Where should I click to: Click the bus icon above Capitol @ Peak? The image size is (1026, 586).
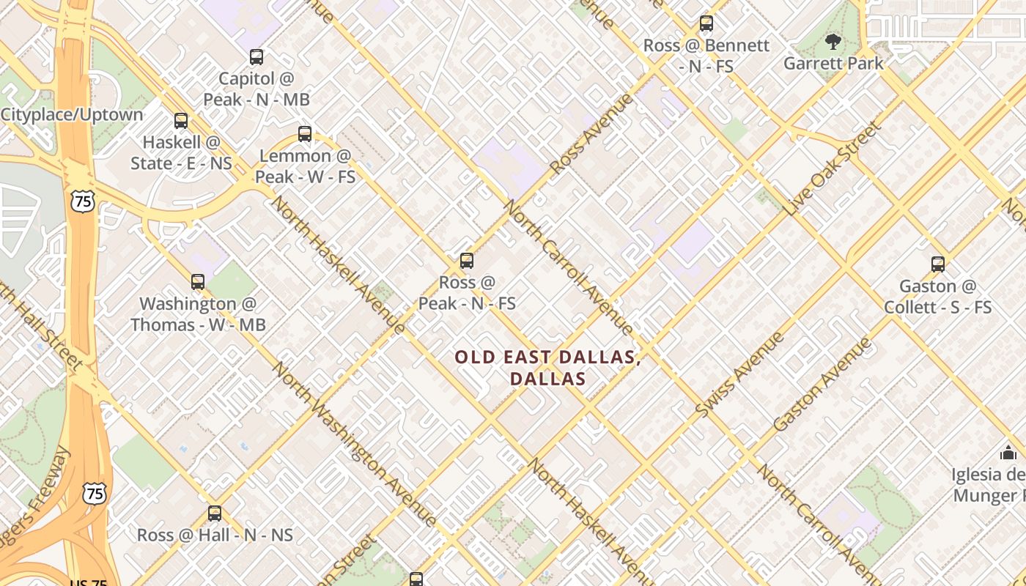coord(256,57)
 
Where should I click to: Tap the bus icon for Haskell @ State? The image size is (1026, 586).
coord(181,121)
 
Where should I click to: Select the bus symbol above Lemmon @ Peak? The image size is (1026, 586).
coord(305,134)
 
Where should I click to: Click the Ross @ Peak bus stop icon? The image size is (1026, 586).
coord(467,261)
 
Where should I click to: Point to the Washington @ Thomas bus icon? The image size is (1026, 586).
coord(198,282)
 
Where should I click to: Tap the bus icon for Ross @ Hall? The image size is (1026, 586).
coord(215,513)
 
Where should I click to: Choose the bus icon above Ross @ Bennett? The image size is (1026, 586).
coord(706,23)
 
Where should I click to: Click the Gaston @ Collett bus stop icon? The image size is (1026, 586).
coord(938,264)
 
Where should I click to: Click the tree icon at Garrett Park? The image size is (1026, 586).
coord(833,41)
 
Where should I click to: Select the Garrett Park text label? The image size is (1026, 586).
coord(833,64)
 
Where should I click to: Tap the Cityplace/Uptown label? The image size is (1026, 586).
coord(72,115)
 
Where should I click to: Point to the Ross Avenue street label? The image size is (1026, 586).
coord(591,133)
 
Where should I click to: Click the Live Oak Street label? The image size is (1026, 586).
coord(833,168)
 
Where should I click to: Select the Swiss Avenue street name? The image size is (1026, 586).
coord(739,375)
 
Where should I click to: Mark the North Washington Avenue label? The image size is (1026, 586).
coord(355,444)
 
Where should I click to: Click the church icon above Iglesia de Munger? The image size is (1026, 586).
coord(1008,453)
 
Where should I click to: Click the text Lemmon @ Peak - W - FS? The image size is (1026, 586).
coord(305,166)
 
